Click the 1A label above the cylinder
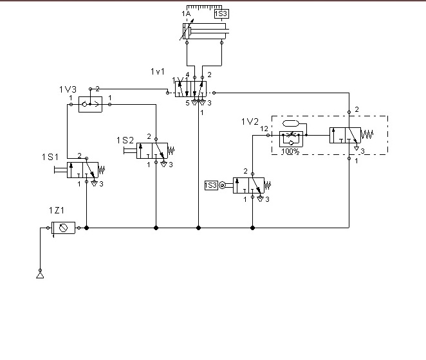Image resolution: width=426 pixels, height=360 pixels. click(186, 13)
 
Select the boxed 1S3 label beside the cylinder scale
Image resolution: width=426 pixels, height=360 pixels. click(221, 13)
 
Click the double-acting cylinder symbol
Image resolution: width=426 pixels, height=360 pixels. click(205, 32)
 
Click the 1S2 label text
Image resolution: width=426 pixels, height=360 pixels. click(125, 140)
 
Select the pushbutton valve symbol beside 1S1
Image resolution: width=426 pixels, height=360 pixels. click(82, 170)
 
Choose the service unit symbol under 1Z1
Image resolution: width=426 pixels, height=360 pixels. click(63, 228)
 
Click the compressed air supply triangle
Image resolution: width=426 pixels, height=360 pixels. click(40, 276)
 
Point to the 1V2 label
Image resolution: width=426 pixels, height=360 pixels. click(250, 122)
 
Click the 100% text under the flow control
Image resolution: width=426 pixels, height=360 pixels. click(290, 152)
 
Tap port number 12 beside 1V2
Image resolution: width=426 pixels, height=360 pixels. click(264, 129)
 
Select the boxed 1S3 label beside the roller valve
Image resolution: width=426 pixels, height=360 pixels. click(211, 185)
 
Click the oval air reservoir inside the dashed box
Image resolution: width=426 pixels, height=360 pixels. click(291, 123)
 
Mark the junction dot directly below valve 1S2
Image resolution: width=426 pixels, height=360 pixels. click(156, 228)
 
